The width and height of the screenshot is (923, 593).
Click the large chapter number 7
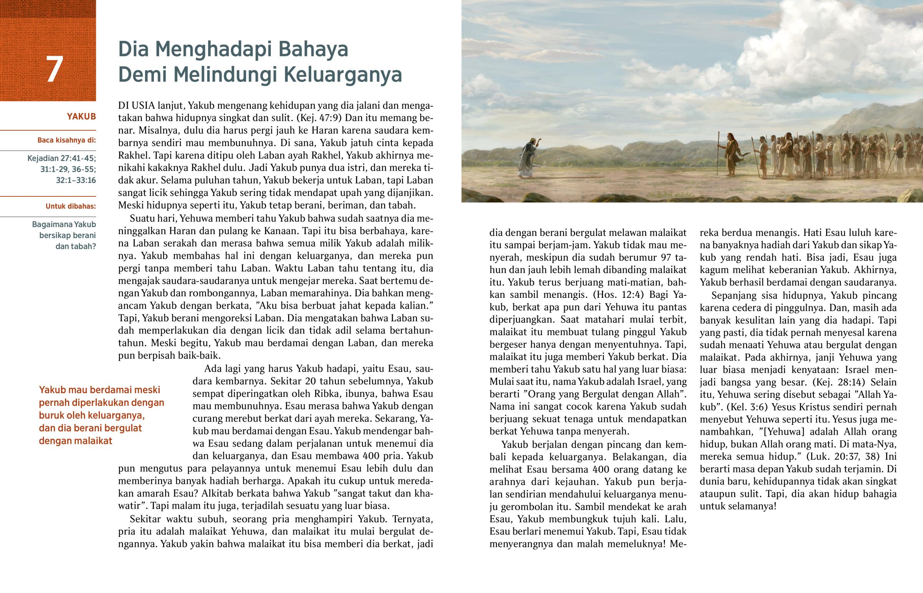click(54, 70)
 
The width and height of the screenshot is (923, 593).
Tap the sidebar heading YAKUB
click(81, 117)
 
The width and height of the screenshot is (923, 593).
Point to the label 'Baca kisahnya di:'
click(66, 140)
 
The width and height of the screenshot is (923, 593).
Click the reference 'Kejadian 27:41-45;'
click(62, 158)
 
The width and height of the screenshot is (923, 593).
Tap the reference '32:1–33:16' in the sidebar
click(76, 180)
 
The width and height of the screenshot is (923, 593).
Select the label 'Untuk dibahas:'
click(70, 206)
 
